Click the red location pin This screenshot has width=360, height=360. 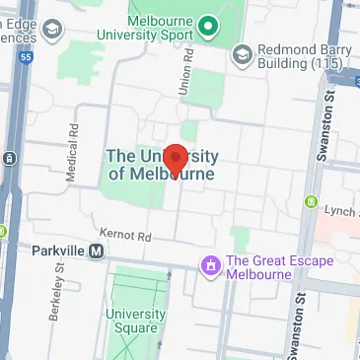[x=175, y=158]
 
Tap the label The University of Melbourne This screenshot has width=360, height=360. [x=161, y=165]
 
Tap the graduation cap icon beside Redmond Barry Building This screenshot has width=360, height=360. [x=241, y=55]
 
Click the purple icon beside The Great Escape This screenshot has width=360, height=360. [x=209, y=265]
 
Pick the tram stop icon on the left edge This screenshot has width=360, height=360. [x=8, y=157]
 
